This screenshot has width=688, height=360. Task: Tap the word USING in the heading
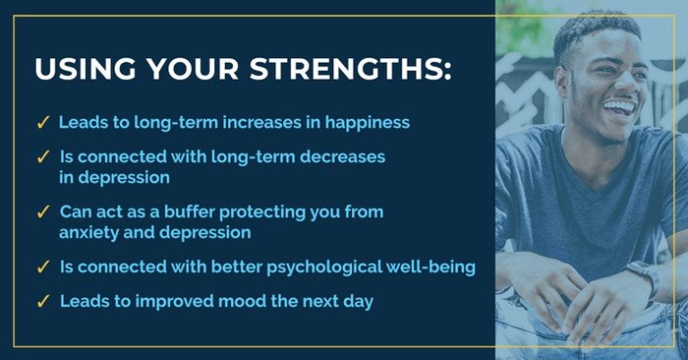pos(86,68)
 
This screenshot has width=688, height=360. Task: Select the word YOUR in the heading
pos(193,68)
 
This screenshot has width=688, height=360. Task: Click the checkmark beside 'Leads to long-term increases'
pos(43,123)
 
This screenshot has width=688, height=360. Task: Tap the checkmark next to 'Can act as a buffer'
pos(43,211)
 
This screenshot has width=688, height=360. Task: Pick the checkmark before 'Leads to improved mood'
pos(43,301)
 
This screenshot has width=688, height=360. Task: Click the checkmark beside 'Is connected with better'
pos(43,267)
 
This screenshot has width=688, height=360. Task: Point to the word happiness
pos(367,123)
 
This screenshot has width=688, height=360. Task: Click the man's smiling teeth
pos(620,107)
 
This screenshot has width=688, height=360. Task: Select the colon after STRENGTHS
pos(447,71)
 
